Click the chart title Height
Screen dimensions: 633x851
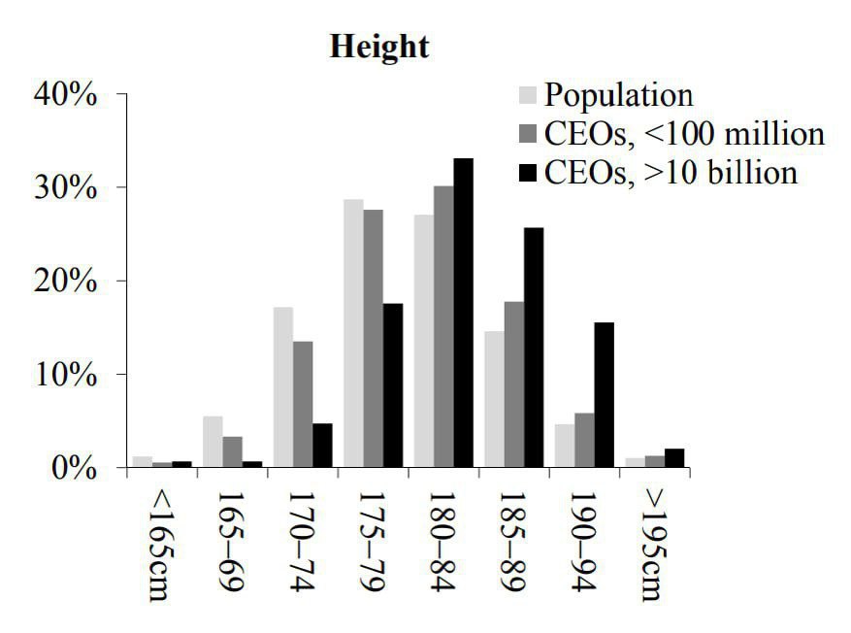tap(379, 47)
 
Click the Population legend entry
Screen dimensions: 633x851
tap(618, 95)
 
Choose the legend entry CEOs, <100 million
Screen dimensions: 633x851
tap(684, 133)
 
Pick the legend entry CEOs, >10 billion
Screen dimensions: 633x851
tap(671, 172)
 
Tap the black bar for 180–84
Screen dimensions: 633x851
tap(463, 313)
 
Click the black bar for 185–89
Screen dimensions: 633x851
tap(534, 348)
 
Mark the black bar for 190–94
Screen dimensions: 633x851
tap(604, 395)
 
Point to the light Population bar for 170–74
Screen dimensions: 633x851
tap(282, 387)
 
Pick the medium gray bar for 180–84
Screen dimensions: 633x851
tap(442, 327)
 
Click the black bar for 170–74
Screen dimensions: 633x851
tap(322, 446)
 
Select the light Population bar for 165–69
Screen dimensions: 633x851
tap(213, 442)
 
